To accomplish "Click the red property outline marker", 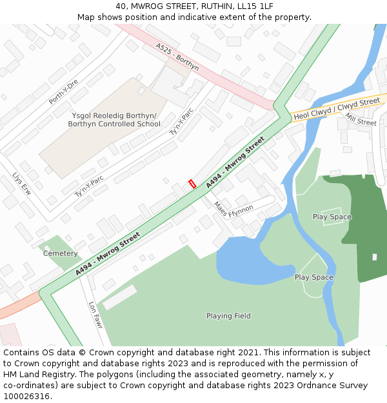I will click(192, 184).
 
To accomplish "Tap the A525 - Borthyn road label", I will click(177, 56).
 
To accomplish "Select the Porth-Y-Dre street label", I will click(63, 92).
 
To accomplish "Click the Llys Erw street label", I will click(21, 184).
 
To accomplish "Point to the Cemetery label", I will click(61, 253).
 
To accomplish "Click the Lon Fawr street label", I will click(95, 315).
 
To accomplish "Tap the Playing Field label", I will click(228, 316).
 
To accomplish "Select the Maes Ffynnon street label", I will click(233, 210).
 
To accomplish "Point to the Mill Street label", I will click(361, 119).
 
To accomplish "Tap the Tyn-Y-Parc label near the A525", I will click(181, 121).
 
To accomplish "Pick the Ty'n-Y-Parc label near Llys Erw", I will click(89, 186).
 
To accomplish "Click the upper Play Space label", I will click(332, 217).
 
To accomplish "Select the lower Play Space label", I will click(314, 277).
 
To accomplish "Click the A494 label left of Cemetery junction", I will click(107, 254).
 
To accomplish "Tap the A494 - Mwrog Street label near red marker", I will click(236, 162).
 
